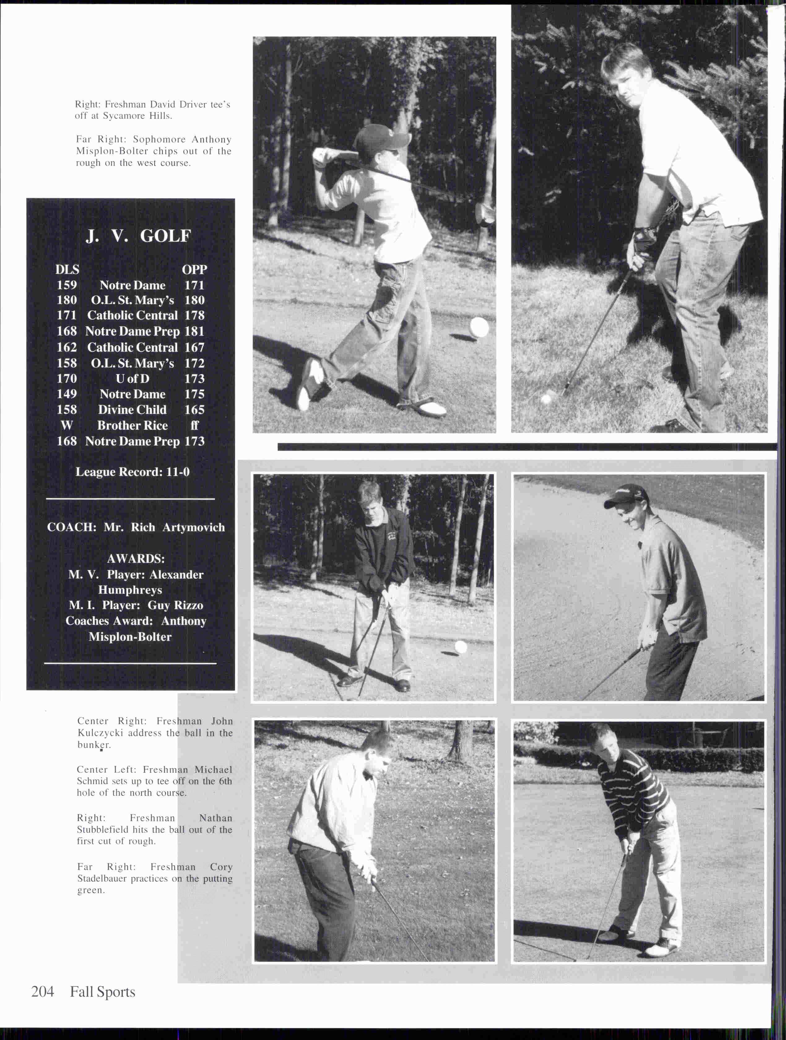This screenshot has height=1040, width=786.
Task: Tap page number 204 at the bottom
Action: click(x=42, y=992)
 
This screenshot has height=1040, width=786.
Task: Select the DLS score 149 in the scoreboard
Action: click(x=67, y=394)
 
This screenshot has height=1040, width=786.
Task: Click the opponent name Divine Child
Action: click(x=132, y=410)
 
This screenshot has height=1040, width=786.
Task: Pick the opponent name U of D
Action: click(x=132, y=378)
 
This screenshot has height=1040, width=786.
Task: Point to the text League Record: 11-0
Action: click(x=132, y=472)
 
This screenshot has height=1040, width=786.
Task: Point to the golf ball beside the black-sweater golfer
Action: click(x=461, y=647)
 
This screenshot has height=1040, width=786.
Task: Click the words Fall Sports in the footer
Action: click(x=102, y=992)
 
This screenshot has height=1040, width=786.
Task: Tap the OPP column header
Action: click(x=194, y=269)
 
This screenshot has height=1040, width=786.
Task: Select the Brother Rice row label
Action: click(x=132, y=425)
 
